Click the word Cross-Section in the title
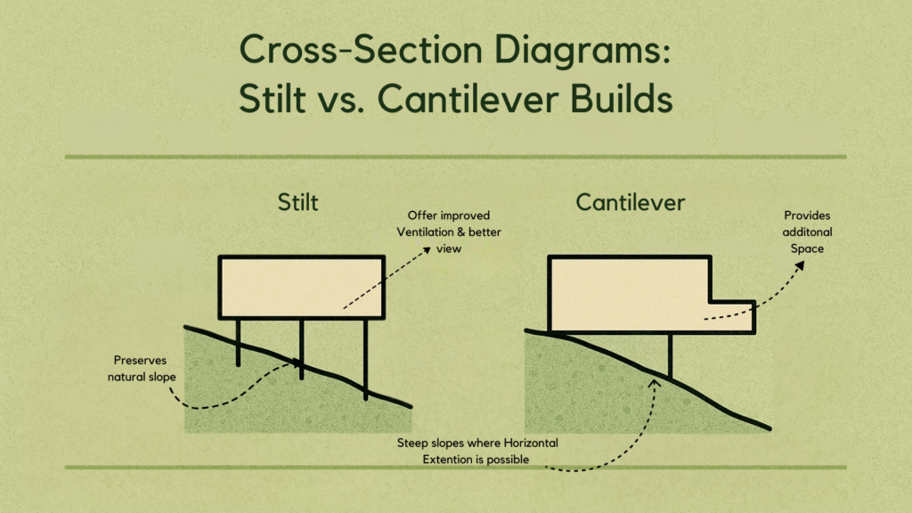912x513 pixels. pyautogui.click(x=362, y=49)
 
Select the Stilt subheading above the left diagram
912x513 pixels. pyautogui.click(x=297, y=202)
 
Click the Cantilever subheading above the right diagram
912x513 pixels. pyautogui.click(x=630, y=202)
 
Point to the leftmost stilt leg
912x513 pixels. pyautogui.click(x=238, y=343)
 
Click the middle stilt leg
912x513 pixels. pyautogui.click(x=301, y=349)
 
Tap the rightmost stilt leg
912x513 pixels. pyautogui.click(x=365, y=360)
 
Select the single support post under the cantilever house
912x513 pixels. pyautogui.click(x=670, y=355)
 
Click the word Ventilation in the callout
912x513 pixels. pyautogui.click(x=425, y=232)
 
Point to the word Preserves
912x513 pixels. pyautogui.click(x=140, y=360)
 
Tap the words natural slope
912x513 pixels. pyautogui.click(x=142, y=377)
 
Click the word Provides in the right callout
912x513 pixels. pyautogui.click(x=807, y=216)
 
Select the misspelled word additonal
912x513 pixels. pyautogui.click(x=807, y=232)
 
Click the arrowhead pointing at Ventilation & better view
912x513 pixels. pyautogui.click(x=427, y=249)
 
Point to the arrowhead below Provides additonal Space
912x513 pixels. pyautogui.click(x=800, y=265)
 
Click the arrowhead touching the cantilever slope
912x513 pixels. pyautogui.click(x=655, y=384)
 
